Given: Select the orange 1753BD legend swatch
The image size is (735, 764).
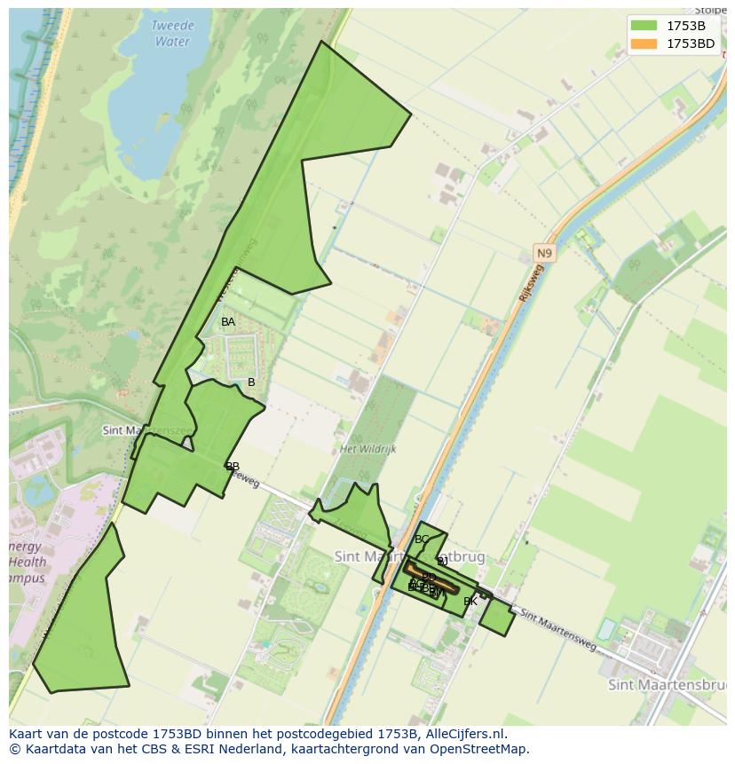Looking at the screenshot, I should click(644, 43).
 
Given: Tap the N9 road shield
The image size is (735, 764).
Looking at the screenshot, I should click(543, 254).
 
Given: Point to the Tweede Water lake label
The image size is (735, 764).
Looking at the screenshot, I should click(171, 34).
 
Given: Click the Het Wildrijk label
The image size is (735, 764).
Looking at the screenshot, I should click(368, 449).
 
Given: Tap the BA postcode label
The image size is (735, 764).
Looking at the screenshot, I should click(228, 322).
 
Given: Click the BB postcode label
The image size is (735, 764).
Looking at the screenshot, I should click(233, 467).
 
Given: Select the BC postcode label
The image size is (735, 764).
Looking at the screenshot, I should click(422, 540).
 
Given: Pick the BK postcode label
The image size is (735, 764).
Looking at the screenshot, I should click(470, 602).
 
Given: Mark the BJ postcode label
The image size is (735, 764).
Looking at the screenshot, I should click(442, 562).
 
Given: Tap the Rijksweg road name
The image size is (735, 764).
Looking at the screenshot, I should click(529, 283).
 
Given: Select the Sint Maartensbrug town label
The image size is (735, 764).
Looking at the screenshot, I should click(667, 685).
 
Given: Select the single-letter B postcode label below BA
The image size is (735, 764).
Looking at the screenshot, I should click(251, 382).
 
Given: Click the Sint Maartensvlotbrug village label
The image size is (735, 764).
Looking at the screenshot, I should click(409, 557).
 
